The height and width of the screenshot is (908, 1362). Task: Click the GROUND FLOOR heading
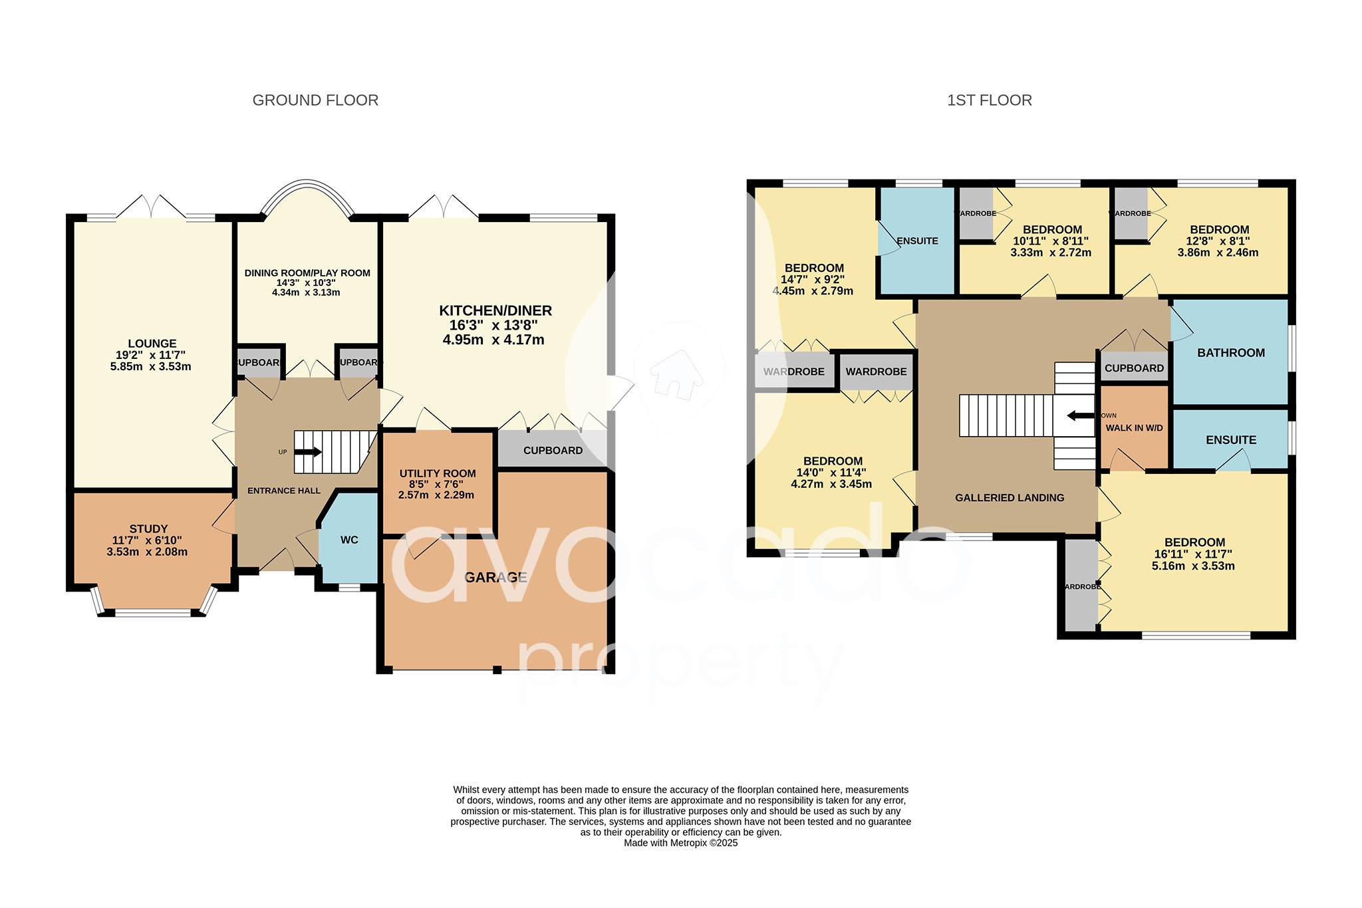pos(315,100)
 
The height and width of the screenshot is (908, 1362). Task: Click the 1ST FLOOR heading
pos(989,100)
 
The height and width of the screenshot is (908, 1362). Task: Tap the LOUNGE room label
pos(152,344)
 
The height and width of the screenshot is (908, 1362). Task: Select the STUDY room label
pos(148,529)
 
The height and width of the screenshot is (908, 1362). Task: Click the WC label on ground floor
pos(349,540)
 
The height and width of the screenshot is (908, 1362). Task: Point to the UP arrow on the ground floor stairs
pos(308,452)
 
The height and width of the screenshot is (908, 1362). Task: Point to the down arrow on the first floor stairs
pos(1080,416)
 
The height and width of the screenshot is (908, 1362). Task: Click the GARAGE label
pos(495,578)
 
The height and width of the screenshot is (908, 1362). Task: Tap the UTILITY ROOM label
pos(438,473)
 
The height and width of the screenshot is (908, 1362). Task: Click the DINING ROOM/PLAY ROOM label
pos(307,273)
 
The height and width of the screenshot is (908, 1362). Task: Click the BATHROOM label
pos(1231,353)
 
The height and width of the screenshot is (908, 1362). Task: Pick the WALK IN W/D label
pos(1134,428)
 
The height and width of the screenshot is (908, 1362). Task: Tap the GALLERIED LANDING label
pos(1010,498)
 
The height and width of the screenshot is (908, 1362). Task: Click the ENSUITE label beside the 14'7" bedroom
pos(917,241)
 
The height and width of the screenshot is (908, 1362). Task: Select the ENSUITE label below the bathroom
pos(1231,440)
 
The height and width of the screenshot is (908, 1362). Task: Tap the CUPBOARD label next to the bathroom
pos(1134,368)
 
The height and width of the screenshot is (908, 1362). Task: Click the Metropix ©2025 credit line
pos(680,843)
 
